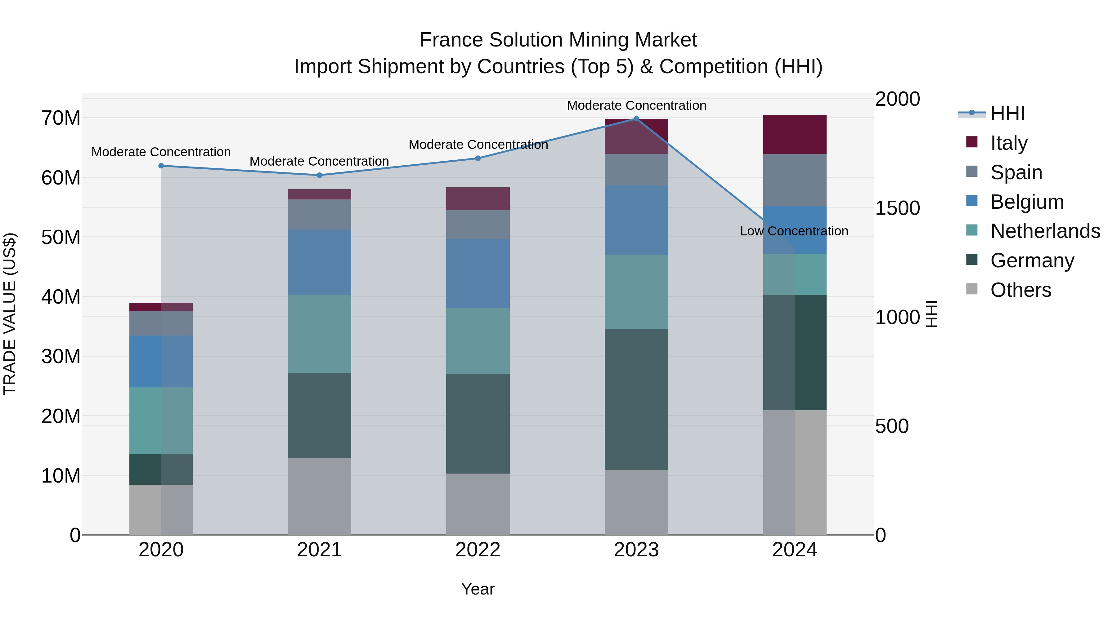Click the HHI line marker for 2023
[x=636, y=119]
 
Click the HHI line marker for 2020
[x=161, y=166]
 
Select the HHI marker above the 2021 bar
[x=319, y=175]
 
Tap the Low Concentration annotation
[x=794, y=231]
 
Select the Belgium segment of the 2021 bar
[x=319, y=262]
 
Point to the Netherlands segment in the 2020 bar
[x=161, y=421]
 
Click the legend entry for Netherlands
[x=1045, y=231]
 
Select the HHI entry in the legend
[x=1007, y=114]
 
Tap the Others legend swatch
[x=972, y=289]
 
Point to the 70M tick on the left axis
[x=61, y=118]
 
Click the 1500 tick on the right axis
[x=897, y=208]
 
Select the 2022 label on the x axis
[x=478, y=550]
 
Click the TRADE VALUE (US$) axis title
[x=10, y=314]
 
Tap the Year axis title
[x=478, y=589]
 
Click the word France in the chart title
[x=451, y=40]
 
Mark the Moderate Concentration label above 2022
[x=478, y=144]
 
